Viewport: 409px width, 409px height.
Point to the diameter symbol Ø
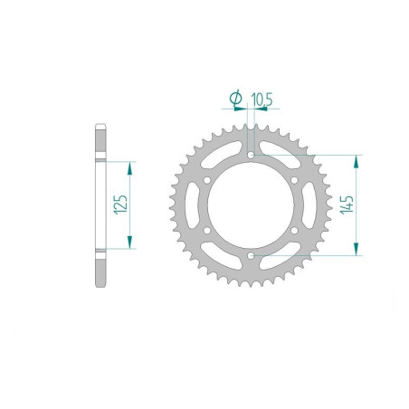point(235,96)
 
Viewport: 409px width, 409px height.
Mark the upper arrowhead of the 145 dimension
point(359,161)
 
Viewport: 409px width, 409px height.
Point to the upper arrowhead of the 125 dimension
point(131,168)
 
